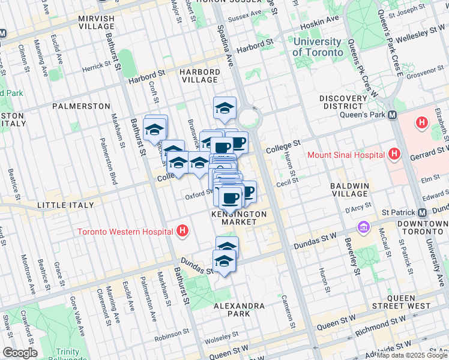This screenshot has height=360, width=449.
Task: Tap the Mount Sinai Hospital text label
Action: click(345, 155)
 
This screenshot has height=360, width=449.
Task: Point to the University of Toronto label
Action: click(318, 47)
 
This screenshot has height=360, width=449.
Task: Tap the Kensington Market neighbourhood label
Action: click(238, 218)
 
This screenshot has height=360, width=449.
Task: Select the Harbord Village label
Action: click(199, 76)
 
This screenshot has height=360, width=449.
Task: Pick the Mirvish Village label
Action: click(96, 23)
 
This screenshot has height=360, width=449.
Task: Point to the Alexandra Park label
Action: click(240, 310)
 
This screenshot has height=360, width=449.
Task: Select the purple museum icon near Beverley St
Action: click(363, 227)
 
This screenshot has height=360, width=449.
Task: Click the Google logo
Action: click(20, 353)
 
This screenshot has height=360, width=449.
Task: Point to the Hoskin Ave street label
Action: click(322, 22)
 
